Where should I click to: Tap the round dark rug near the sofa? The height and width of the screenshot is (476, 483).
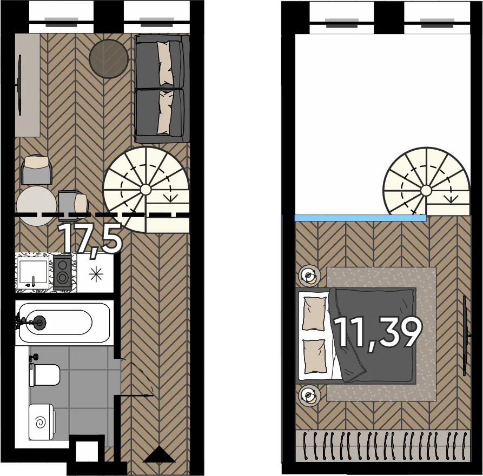(x=109, y=59)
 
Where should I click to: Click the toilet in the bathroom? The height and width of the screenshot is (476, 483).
(x=44, y=375)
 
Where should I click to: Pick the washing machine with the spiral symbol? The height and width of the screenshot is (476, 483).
(x=42, y=422)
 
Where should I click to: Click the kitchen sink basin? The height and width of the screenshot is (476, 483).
(x=32, y=272)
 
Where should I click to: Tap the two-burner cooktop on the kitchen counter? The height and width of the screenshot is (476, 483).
(x=63, y=272)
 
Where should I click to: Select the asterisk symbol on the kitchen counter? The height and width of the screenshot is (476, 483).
(x=96, y=273)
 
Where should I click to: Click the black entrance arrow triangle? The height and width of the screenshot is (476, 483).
(x=159, y=455)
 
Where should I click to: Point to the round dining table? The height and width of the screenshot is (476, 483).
(x=36, y=206)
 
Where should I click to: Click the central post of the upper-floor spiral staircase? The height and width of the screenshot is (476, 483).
(x=426, y=191)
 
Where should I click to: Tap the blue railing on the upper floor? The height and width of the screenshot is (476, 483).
(x=361, y=218)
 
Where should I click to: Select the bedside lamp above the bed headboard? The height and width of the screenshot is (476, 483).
(x=309, y=274)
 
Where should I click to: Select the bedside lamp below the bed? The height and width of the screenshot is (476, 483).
(x=309, y=395)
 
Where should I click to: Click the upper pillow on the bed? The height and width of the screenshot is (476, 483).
(x=314, y=314)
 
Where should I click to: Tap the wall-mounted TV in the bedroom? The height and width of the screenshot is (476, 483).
(x=466, y=336)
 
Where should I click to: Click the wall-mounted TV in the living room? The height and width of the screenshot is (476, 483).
(x=19, y=85)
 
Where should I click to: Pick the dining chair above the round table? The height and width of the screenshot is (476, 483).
(x=36, y=170)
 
